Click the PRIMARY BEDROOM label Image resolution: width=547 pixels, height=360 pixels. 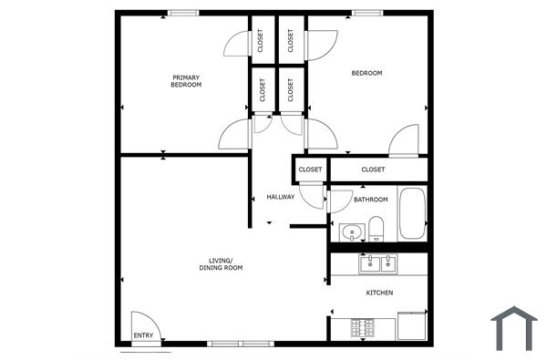[186, 81]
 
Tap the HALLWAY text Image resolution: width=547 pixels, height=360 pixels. [280, 198]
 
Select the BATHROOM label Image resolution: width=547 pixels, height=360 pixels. [371, 200]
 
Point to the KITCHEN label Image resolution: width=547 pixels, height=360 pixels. [379, 293]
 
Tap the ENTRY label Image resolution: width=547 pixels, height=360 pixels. [144, 335]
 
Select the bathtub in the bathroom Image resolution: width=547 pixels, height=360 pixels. [412, 214]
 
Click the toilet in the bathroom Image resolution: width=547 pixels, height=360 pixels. [376, 229]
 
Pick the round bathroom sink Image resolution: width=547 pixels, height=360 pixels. [351, 231]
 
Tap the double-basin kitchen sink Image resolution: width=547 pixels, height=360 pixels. [377, 264]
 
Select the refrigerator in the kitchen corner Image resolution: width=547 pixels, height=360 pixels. [412, 324]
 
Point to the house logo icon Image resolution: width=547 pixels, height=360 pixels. [514, 328]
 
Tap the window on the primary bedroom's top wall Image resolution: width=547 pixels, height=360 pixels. [184, 13]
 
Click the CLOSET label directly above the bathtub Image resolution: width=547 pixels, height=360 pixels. [373, 170]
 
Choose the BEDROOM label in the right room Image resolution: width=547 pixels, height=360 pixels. [367, 73]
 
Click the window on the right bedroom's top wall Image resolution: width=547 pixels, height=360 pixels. [367, 13]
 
